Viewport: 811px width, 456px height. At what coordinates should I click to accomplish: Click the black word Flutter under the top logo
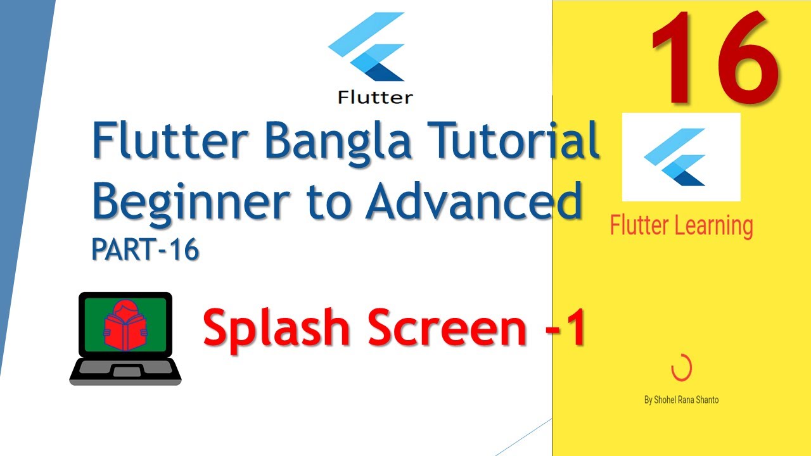click(375, 98)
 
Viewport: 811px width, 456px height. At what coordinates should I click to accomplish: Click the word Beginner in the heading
click(197, 201)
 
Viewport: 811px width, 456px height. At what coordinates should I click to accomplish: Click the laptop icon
click(125, 339)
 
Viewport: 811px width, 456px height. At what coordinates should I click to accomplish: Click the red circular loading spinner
click(681, 369)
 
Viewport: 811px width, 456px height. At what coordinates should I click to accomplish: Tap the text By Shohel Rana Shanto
click(681, 400)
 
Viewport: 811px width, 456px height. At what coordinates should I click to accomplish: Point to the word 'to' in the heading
click(335, 201)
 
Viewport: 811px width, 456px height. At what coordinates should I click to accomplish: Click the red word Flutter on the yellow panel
click(640, 225)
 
